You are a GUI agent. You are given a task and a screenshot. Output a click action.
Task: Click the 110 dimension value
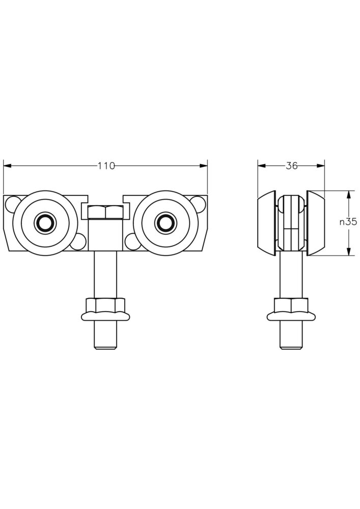[106, 166]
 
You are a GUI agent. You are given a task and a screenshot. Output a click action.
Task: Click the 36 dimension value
[291, 166]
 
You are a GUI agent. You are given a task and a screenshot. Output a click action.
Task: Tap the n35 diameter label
[348, 222]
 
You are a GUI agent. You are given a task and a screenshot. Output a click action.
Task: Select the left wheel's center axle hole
[45, 223]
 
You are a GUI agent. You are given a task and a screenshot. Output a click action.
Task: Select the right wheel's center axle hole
[166, 223]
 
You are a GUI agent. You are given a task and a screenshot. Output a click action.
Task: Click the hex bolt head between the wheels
[105, 212]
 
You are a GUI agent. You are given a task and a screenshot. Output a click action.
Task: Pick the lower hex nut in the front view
[105, 305]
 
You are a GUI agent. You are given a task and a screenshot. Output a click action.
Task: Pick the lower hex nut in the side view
[291, 305]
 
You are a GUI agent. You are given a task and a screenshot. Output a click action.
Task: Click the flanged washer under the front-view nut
[105, 316]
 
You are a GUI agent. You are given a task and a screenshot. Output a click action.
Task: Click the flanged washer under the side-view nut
[291, 316]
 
